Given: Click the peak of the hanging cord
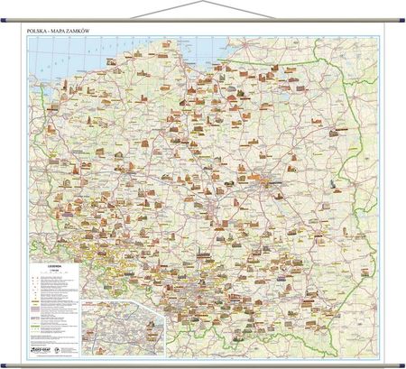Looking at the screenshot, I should click(x=202, y=3).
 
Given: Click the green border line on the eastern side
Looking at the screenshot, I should click(x=361, y=180).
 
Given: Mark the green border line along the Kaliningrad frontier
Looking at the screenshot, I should click(x=271, y=69).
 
